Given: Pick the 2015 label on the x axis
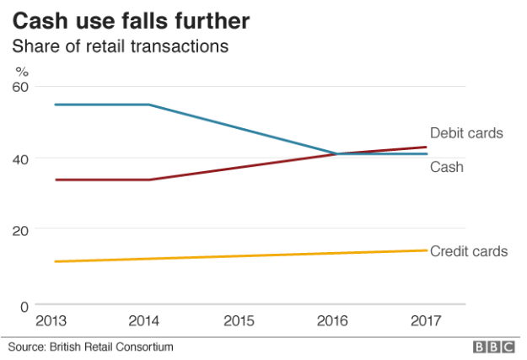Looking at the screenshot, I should [x=241, y=321].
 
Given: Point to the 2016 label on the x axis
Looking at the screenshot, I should [x=336, y=321].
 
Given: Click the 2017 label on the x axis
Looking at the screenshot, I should [x=427, y=321].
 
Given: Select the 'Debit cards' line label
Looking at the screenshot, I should [x=466, y=133].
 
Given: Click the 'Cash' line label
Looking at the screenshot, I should [x=447, y=167].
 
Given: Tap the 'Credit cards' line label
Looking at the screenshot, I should [x=469, y=251].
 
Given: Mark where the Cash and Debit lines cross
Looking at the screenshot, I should [x=336, y=153].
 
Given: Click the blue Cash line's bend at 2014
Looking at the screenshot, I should [x=148, y=105].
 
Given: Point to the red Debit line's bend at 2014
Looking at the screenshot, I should [x=148, y=180].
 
